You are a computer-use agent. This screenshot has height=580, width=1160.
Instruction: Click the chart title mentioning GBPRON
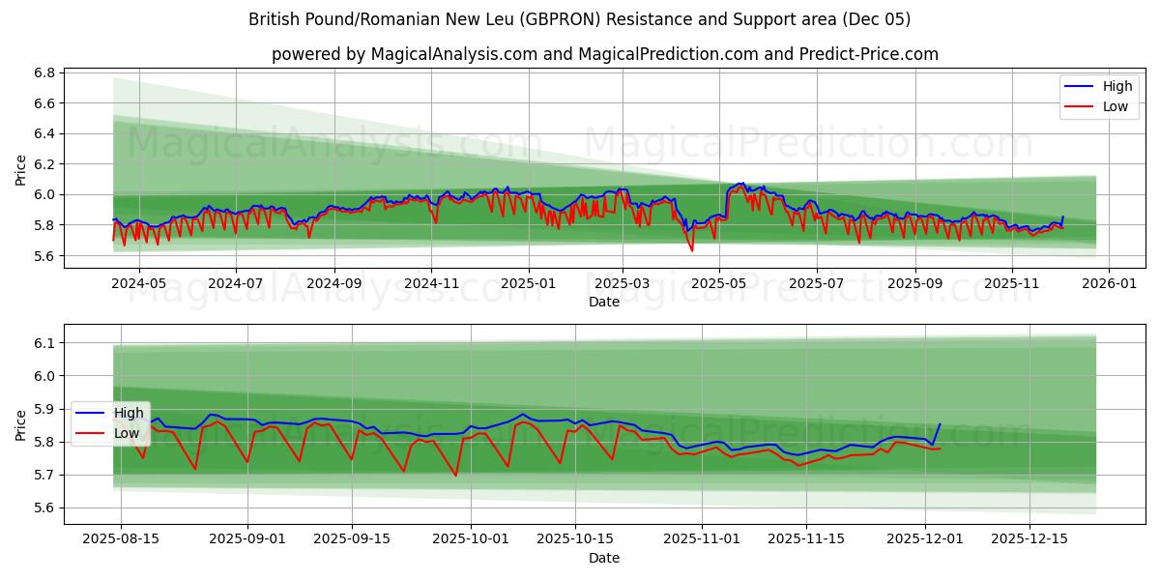coord(579,19)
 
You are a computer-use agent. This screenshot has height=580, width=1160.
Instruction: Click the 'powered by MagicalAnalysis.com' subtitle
coord(604,54)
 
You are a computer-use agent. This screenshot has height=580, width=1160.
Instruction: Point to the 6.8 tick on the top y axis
coord(43,72)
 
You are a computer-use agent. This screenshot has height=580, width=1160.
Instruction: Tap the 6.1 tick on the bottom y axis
coord(43,343)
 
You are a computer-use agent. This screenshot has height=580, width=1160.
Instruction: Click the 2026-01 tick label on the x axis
coord(1108,284)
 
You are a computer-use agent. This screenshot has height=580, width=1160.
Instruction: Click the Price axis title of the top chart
coord(21,170)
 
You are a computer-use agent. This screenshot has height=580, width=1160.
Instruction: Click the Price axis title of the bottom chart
coord(21,425)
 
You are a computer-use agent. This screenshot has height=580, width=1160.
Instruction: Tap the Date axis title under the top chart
coord(604,303)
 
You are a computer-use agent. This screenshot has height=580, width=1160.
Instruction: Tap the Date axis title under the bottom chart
coord(604,558)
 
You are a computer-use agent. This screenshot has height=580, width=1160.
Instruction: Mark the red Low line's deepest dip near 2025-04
coord(691,251)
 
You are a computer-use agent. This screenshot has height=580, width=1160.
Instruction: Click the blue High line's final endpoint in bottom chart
coord(940,423)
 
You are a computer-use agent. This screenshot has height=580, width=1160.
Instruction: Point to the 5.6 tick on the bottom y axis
coord(43,507)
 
